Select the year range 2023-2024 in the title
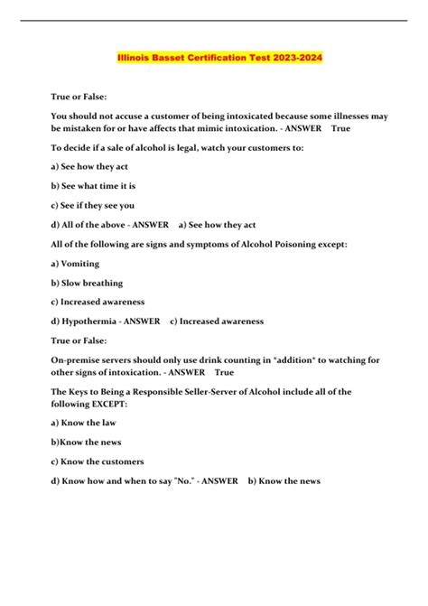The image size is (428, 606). [x=291, y=57]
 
